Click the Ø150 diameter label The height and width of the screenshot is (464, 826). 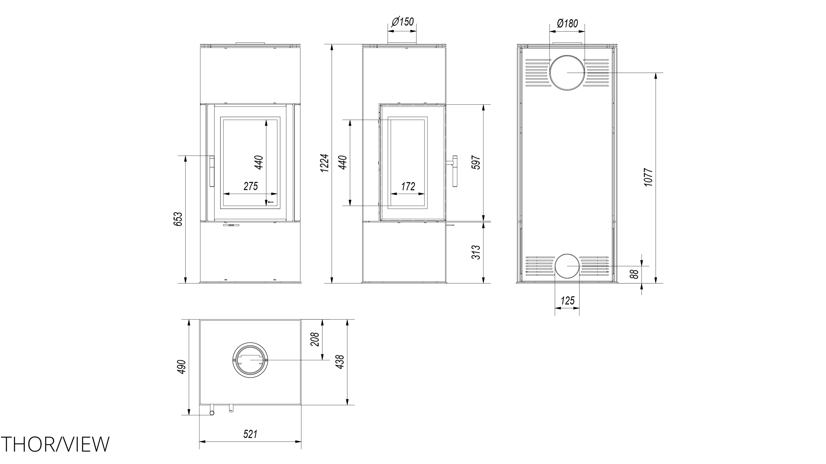403,22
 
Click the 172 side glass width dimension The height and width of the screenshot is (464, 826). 408,186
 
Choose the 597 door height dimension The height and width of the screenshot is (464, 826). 476,162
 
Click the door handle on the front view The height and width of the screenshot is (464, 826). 212,171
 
